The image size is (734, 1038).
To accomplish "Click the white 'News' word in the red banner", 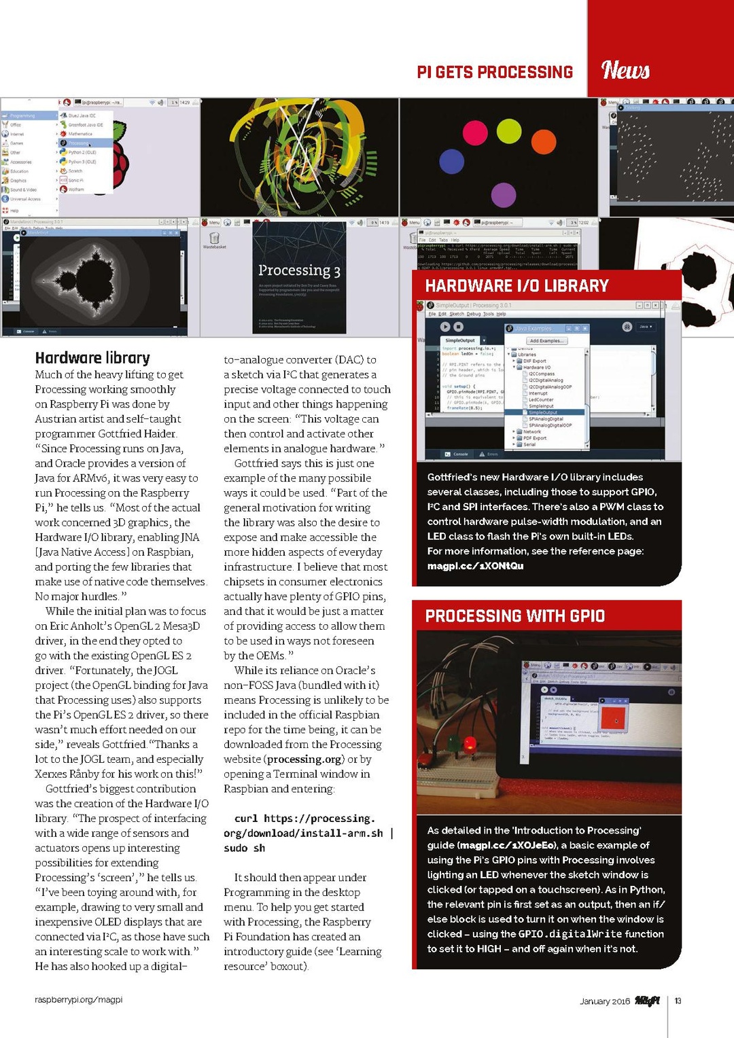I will coord(625,70).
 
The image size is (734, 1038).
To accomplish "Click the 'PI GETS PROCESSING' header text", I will coord(495,72).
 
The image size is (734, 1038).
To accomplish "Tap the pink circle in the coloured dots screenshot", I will coord(475,132).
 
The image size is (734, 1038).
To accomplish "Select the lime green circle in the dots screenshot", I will coord(508,130).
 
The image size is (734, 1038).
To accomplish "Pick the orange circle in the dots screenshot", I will coord(542,142).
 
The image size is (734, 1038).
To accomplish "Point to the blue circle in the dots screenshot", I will coord(451,162).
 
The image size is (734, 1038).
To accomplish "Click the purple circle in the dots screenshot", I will coord(503,195).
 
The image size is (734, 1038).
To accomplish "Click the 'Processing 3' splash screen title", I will coord(299,270).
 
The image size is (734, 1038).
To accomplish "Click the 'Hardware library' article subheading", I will coord(92,358).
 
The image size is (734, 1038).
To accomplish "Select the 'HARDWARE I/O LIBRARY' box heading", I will coord(517,286).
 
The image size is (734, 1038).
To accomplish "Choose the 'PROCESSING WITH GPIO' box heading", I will coord(514,616).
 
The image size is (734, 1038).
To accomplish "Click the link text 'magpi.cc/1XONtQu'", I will coord(475,566).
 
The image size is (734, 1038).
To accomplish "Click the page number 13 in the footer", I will coord(678,1001).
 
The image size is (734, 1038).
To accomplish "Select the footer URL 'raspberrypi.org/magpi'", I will coord(79,1000).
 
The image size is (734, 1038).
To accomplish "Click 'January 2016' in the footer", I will coord(604,1001).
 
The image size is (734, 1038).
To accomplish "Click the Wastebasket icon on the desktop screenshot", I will coord(214,238).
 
